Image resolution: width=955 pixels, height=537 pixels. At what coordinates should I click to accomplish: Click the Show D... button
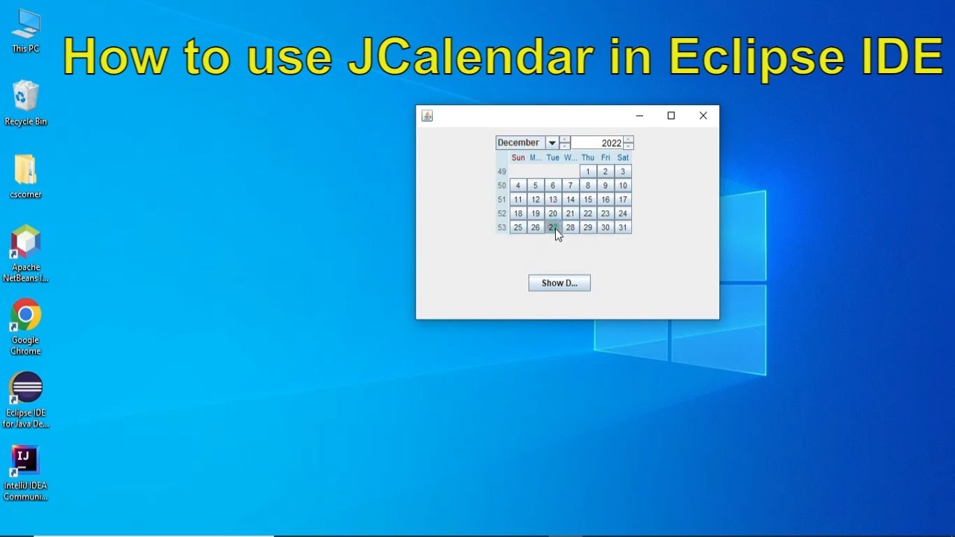point(559,283)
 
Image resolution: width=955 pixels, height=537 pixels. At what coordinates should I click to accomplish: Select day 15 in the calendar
point(588,200)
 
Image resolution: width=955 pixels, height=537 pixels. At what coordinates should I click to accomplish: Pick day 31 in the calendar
point(622,227)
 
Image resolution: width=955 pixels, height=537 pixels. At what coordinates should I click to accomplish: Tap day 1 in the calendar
point(588,172)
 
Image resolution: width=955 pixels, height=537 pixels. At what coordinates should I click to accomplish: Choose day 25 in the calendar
point(518,227)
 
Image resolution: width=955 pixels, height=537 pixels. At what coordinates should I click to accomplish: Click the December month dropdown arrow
point(551,143)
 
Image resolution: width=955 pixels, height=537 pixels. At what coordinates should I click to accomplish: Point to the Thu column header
point(588,158)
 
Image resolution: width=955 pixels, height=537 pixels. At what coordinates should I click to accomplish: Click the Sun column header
point(518,158)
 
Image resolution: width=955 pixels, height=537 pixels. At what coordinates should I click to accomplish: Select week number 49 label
point(501,172)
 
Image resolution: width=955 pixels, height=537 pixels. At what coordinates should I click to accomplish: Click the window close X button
point(703,116)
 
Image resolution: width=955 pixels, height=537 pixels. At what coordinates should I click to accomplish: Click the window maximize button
point(671,116)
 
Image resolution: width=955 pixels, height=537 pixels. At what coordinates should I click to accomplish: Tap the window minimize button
point(639,116)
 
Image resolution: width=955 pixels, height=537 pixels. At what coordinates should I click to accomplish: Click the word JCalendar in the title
point(471,57)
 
